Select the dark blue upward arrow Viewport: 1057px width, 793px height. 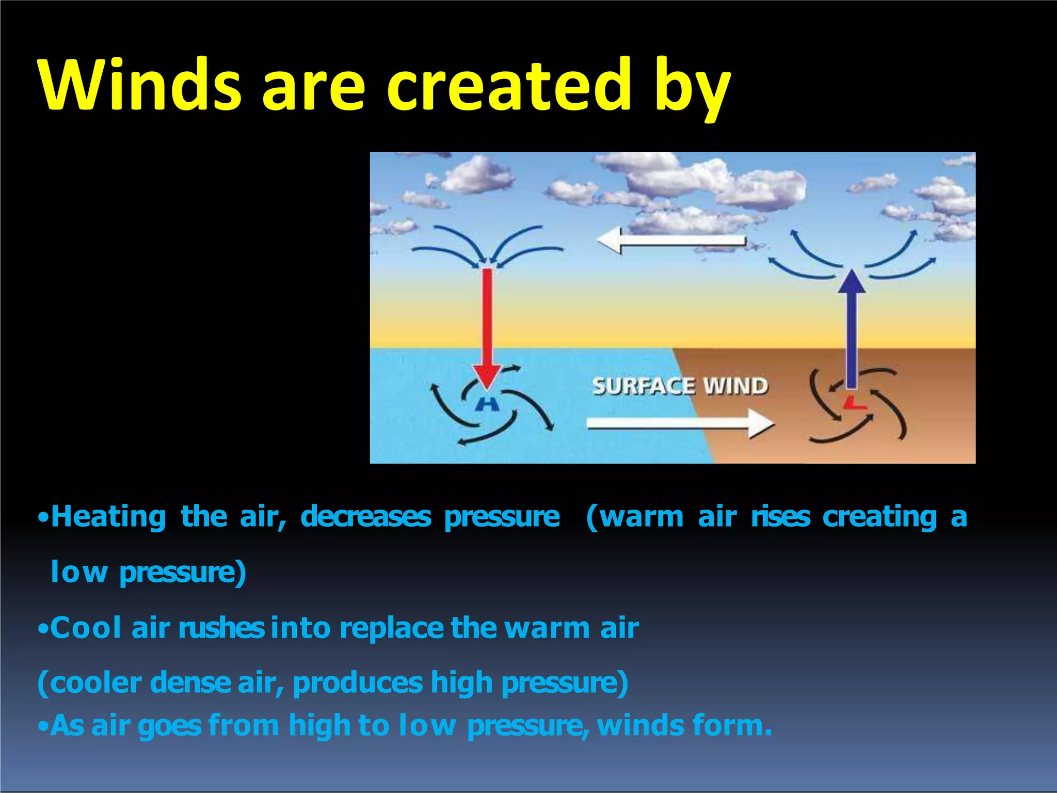coord(852,330)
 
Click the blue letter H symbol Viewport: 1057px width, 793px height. coord(486,404)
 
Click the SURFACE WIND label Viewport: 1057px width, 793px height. coord(680,386)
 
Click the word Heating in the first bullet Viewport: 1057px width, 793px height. coord(108,517)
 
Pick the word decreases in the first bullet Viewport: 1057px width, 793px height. coord(365,517)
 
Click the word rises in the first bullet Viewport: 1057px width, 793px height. coord(780,517)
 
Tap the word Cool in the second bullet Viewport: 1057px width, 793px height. coord(85,628)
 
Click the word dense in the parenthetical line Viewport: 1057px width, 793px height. coord(190,683)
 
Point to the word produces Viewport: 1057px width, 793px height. coord(358,683)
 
